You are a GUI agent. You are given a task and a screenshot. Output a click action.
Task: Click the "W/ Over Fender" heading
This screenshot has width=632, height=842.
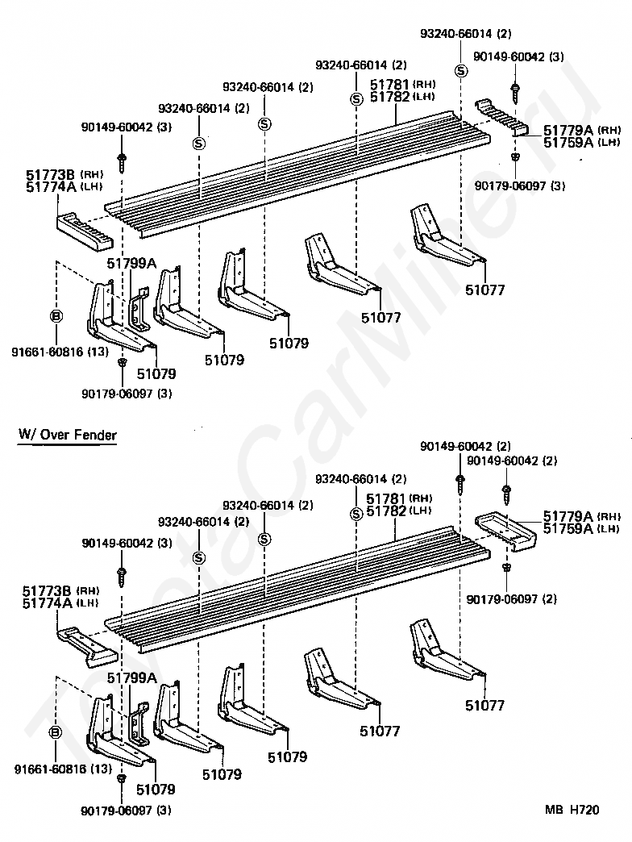(x=68, y=436)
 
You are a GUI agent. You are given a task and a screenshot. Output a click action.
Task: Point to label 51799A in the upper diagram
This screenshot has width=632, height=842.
(x=131, y=262)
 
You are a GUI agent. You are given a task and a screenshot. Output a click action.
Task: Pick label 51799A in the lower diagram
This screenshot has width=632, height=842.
(x=131, y=678)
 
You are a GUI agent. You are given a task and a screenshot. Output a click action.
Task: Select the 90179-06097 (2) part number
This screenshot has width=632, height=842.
(x=516, y=599)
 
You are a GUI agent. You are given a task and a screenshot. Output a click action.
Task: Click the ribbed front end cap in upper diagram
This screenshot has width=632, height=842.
(x=84, y=227)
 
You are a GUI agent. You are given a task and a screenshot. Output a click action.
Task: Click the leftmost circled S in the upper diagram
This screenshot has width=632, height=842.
(x=198, y=144)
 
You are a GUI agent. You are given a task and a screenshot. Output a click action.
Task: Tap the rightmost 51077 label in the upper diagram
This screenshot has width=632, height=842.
(x=484, y=290)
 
